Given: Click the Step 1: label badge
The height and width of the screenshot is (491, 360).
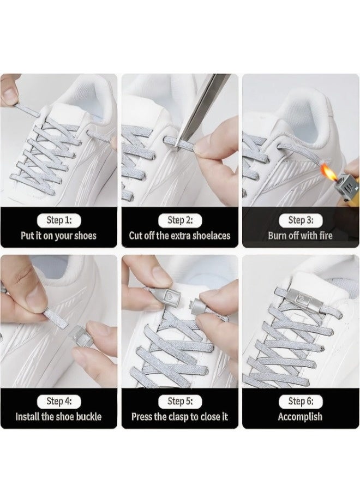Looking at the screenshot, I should click(58, 220).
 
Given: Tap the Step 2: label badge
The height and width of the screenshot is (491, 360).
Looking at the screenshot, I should click(179, 220).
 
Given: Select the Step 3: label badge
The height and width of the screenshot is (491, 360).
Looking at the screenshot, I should click(300, 220).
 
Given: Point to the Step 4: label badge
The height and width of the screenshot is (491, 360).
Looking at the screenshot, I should click(58, 402).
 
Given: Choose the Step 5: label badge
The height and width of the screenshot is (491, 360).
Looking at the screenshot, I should click(179, 402).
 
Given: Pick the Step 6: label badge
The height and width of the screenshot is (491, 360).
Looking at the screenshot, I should click(300, 402).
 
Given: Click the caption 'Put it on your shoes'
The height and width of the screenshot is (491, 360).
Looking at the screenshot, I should click(58, 236).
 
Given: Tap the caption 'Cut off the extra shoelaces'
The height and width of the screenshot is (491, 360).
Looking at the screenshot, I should click(179, 236).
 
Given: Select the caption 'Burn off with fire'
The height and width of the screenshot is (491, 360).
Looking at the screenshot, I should click(300, 236).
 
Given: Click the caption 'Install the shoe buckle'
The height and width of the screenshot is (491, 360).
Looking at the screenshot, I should click(58, 417).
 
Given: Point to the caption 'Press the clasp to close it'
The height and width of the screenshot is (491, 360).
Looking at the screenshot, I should click(179, 417).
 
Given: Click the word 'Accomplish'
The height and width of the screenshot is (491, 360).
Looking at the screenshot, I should click(300, 417).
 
